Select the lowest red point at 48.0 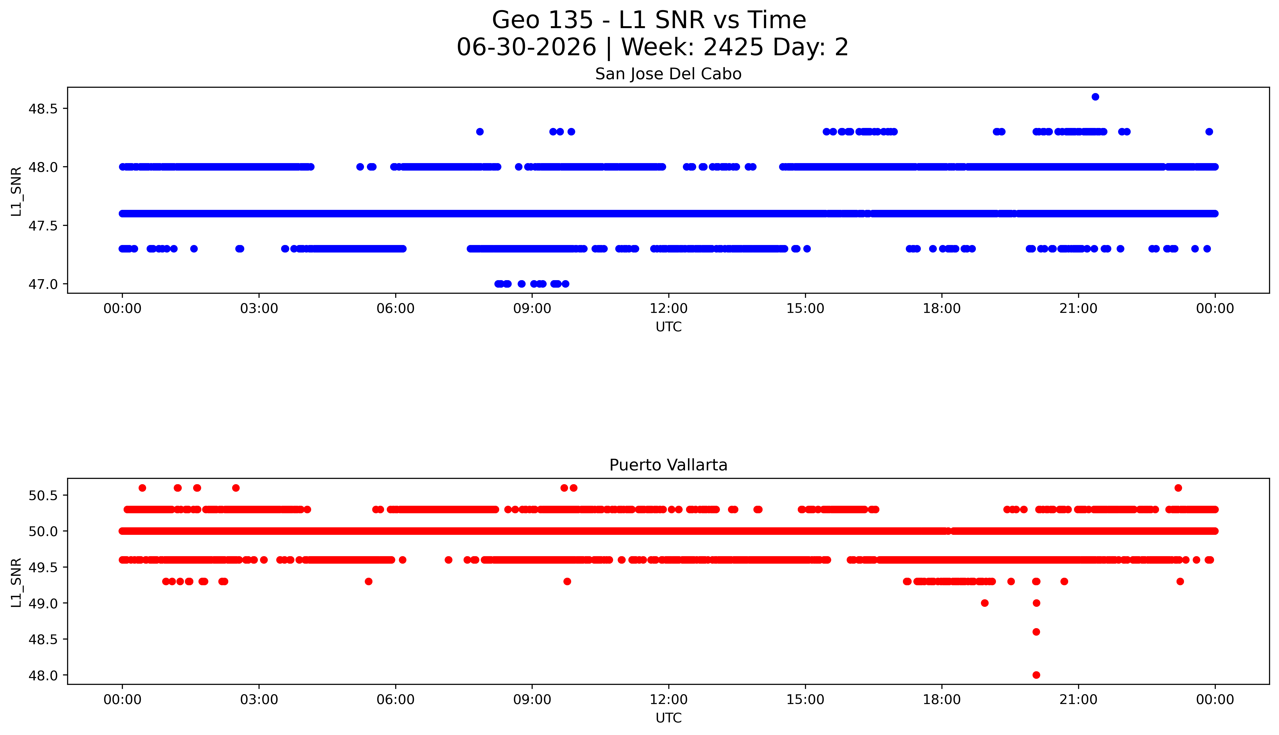point(1036,675)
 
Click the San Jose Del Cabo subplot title point(668,74)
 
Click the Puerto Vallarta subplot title point(668,465)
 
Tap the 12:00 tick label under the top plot point(669,308)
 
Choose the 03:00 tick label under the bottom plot point(259,700)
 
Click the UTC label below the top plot point(668,327)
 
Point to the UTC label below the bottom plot point(668,718)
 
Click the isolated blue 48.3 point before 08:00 point(480,132)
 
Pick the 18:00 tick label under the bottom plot point(942,700)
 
